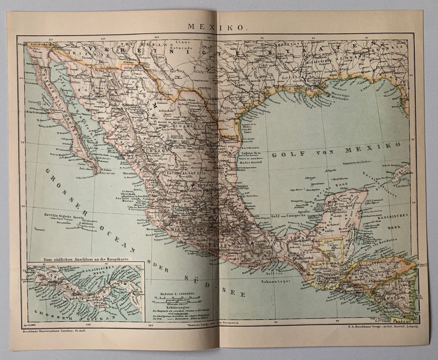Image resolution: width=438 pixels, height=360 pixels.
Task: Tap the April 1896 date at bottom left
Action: pos(30,325)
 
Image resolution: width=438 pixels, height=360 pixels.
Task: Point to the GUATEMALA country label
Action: pos(326,263)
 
